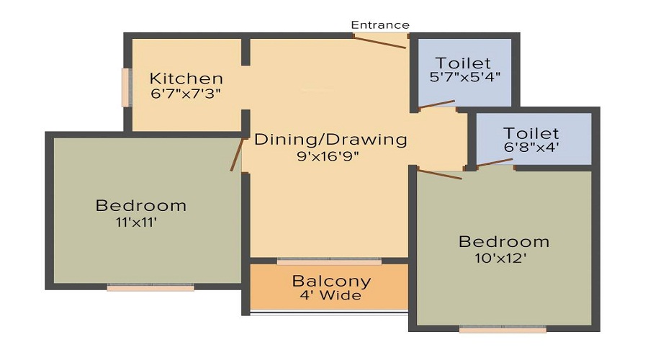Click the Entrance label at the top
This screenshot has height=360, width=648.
click(x=380, y=25)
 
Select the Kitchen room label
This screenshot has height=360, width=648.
click(x=186, y=78)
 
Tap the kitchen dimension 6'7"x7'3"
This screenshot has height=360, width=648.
click(x=186, y=94)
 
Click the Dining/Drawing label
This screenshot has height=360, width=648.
click(x=330, y=140)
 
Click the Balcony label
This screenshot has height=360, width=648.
click(x=331, y=282)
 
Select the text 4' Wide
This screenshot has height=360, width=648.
click(x=331, y=296)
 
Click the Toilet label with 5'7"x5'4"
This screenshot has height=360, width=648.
click(x=463, y=63)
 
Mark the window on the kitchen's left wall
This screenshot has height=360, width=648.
click(x=127, y=87)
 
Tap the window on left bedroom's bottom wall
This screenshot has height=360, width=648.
click(x=150, y=287)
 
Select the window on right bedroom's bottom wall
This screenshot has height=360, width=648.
click(x=503, y=330)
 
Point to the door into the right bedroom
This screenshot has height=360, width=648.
click(x=439, y=174)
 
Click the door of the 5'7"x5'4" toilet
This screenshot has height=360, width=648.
click(x=436, y=105)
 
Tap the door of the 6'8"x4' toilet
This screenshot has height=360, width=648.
click(x=495, y=163)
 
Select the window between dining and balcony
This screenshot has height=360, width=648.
click(x=329, y=261)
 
